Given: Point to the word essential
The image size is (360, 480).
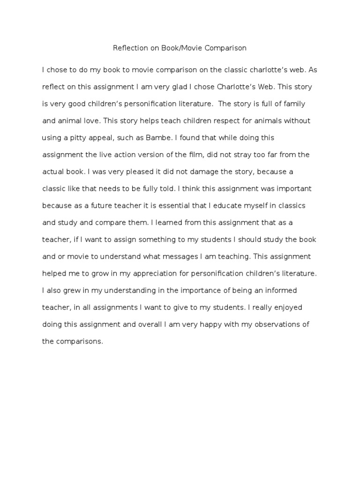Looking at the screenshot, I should (169, 205).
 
